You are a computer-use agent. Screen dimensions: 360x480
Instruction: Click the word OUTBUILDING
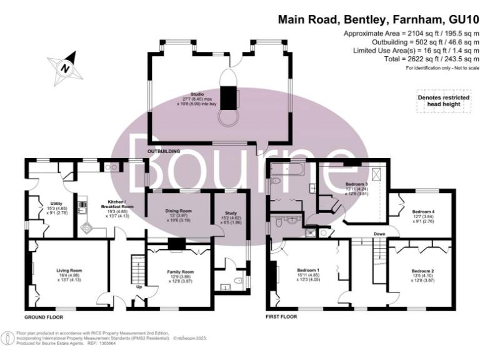163,152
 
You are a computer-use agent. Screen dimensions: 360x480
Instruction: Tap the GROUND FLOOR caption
44,317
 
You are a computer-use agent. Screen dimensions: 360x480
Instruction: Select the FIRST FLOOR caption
281,317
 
